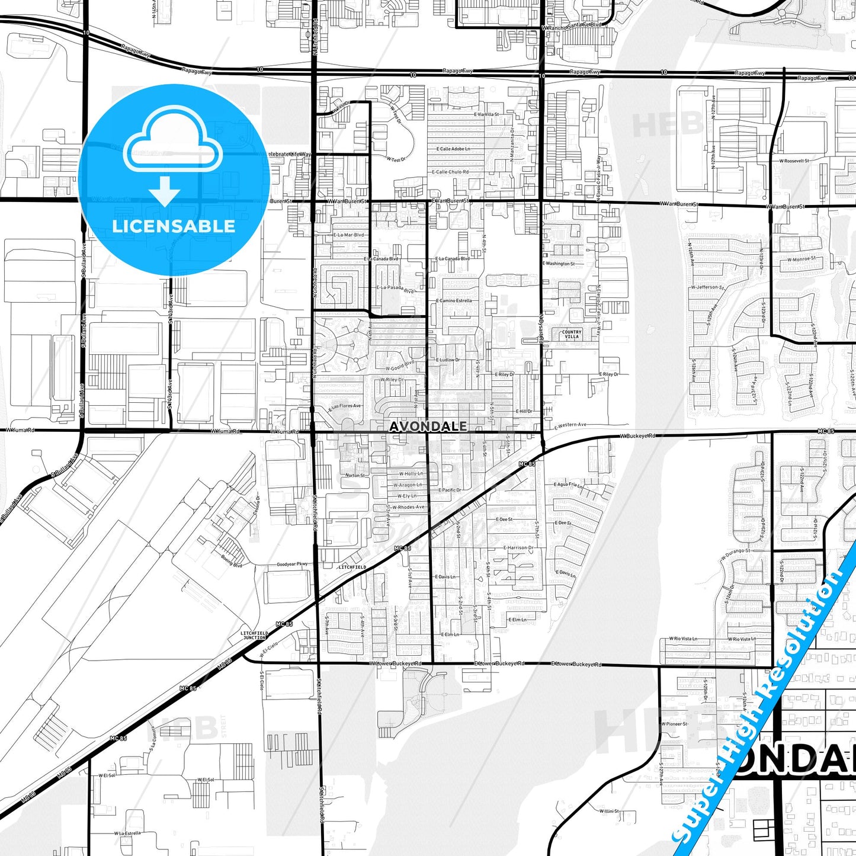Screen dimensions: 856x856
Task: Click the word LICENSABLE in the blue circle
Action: [x=174, y=226]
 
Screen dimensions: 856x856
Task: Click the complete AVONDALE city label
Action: [x=428, y=426]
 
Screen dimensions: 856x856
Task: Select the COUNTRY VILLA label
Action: [x=572, y=334]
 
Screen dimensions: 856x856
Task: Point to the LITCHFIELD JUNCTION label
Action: [x=254, y=635]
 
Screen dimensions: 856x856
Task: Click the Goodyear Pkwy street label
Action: [x=293, y=564]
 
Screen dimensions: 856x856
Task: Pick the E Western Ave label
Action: [x=570, y=425]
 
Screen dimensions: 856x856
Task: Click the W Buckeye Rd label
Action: [x=638, y=436]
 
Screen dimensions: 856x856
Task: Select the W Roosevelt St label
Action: [x=794, y=161]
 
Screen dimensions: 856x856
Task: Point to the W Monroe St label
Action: [x=801, y=259]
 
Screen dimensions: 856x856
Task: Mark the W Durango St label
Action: [x=735, y=554]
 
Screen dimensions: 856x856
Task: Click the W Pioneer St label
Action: [x=675, y=723]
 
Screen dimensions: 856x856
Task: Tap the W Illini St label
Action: [x=608, y=811]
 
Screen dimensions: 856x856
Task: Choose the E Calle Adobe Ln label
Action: [x=453, y=149]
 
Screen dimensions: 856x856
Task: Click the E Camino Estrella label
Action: [x=454, y=300]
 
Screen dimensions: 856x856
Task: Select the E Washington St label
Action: [x=558, y=264]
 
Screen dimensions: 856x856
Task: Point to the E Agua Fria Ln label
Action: [x=568, y=484]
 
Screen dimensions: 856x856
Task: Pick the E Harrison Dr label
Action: [x=518, y=548]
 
